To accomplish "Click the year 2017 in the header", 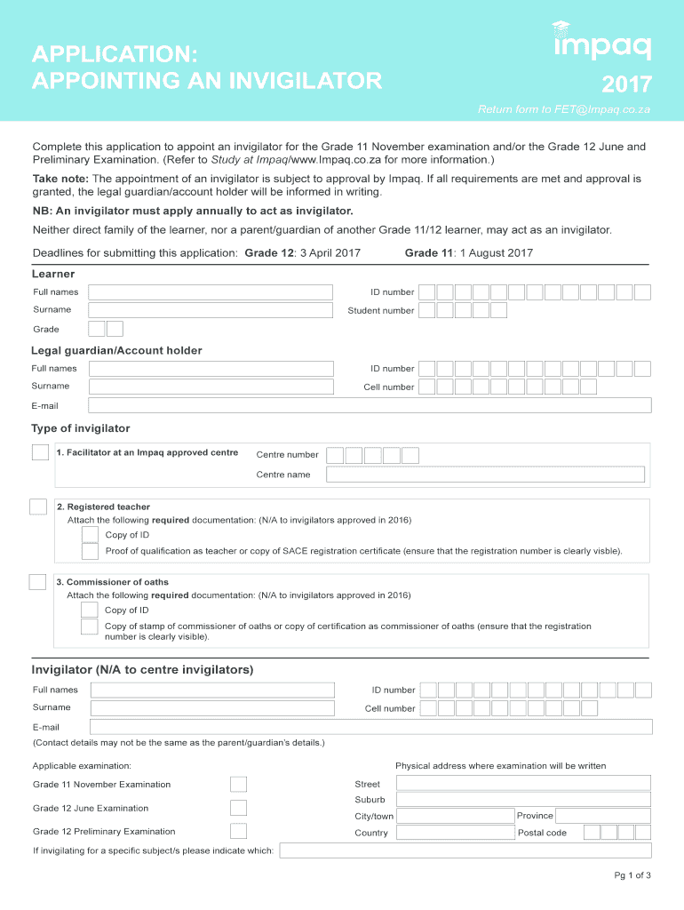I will pos(626,85).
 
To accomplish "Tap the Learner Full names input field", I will pos(211,292).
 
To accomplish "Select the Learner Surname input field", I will pos(211,310).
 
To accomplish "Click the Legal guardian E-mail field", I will pos(370,405).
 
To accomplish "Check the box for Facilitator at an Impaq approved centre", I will pos(41,452).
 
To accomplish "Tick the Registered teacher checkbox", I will pos(38,507).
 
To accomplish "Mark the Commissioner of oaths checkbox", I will pos(37,582).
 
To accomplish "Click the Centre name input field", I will pos(485,475).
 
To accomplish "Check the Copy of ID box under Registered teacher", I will pos(90,534).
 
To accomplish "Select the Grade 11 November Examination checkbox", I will pos(238,784).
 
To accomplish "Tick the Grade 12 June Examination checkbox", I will pos(238,808).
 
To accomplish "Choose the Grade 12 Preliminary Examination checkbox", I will pos(238,831).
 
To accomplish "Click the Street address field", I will pos(523,783).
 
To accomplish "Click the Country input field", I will pos(455,833).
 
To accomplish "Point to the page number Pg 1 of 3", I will pos(632,875).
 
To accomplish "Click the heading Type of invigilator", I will pos(81,428).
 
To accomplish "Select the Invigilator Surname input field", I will pos(211,708).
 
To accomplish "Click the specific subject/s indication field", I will pos(465,850).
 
